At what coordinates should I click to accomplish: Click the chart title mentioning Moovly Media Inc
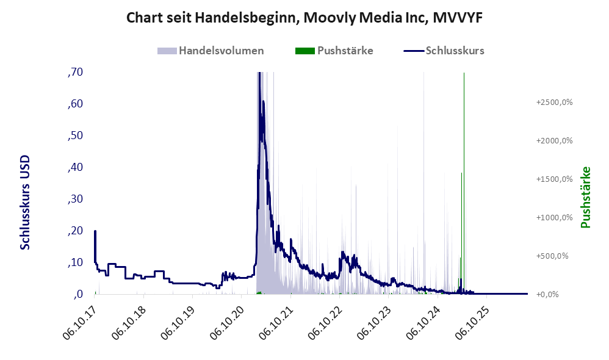click(x=304, y=18)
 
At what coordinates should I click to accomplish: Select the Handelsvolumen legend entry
click(x=211, y=51)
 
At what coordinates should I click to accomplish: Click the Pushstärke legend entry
click(x=334, y=51)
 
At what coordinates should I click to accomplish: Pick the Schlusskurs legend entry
click(x=444, y=51)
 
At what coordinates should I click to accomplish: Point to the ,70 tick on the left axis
click(x=75, y=72)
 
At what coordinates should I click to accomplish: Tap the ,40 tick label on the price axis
click(x=75, y=167)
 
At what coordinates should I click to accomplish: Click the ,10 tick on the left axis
click(x=75, y=262)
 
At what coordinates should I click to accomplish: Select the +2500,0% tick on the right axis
click(x=554, y=103)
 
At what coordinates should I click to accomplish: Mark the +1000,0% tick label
click(x=554, y=217)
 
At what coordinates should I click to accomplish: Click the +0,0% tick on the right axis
click(x=547, y=294)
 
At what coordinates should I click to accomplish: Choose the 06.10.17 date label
click(x=79, y=322)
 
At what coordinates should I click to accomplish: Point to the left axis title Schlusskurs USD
click(x=25, y=203)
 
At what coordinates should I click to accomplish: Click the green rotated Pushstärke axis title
click(x=585, y=197)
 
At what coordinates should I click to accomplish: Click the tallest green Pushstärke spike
click(x=464, y=182)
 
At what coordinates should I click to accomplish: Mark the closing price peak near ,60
click(x=264, y=102)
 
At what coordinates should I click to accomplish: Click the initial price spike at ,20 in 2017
click(x=95, y=232)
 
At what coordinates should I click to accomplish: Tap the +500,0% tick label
click(x=552, y=256)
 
